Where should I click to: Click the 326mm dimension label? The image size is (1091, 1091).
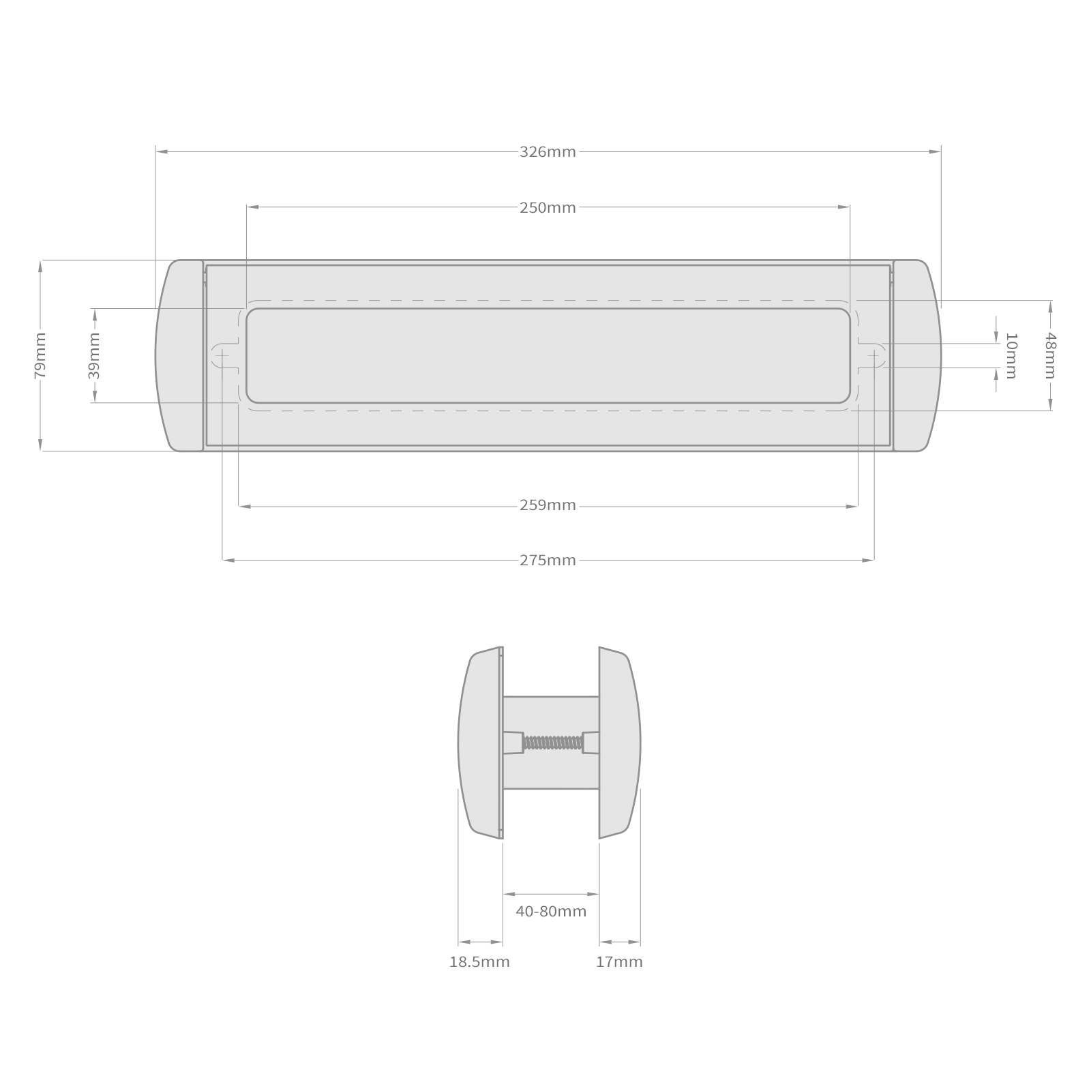pyautogui.click(x=548, y=152)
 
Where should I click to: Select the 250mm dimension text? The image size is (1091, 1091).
pyautogui.click(x=548, y=208)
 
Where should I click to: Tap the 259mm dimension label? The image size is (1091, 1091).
pyautogui.click(x=548, y=506)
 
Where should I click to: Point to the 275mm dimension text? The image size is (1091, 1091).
pyautogui.click(x=548, y=561)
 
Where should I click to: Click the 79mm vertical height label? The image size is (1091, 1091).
pyautogui.click(x=40, y=355)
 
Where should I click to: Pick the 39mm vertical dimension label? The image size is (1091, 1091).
pyautogui.click(x=94, y=355)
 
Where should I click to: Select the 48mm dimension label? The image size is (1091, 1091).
pyautogui.click(x=1050, y=355)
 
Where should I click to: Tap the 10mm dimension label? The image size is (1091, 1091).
pyautogui.click(x=1011, y=355)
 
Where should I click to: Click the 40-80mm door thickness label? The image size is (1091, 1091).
pyautogui.click(x=551, y=912)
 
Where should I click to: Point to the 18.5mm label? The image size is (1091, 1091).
pyautogui.click(x=479, y=962)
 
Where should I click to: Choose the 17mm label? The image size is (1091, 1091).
pyautogui.click(x=619, y=962)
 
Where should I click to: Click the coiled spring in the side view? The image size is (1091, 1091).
pyautogui.click(x=552, y=743)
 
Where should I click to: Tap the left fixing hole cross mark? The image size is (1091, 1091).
pyautogui.click(x=223, y=355)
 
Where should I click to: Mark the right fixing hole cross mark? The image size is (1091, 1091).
pyautogui.click(x=873, y=355)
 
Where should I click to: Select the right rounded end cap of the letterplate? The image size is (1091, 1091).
pyautogui.click(x=916, y=355)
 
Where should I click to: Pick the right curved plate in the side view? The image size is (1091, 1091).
pyautogui.click(x=619, y=743)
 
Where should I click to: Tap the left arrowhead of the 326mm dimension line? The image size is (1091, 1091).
pyautogui.click(x=161, y=152)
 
